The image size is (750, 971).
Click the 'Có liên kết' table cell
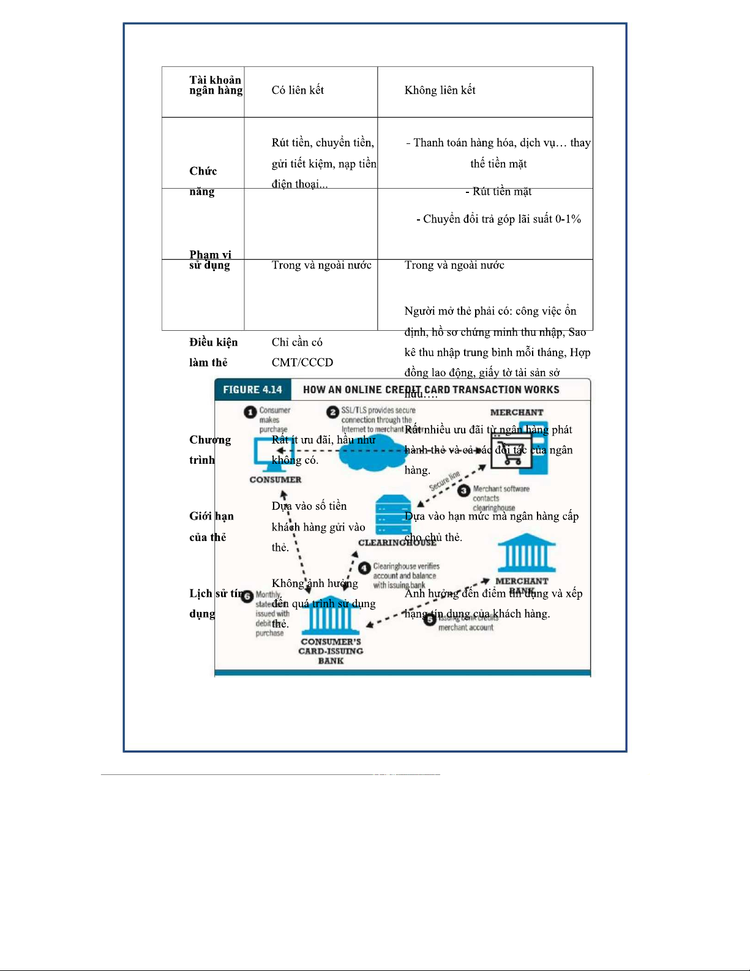pyautogui.click(x=298, y=91)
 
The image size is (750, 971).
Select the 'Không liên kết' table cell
pyautogui.click(x=440, y=91)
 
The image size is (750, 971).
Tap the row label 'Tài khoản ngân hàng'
pyautogui.click(x=216, y=85)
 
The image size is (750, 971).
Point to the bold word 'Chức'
pyautogui.click(x=203, y=171)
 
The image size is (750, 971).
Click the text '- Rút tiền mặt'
pyautogui.click(x=498, y=192)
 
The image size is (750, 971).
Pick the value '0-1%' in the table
pyautogui.click(x=568, y=219)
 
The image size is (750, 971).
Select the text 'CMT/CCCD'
pyautogui.click(x=302, y=363)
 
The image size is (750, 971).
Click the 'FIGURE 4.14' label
pyautogui.click(x=252, y=390)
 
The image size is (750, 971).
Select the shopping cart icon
pyautogui.click(x=509, y=452)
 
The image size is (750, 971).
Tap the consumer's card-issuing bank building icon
pyautogui.click(x=331, y=616)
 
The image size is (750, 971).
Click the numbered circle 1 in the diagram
pyautogui.click(x=250, y=412)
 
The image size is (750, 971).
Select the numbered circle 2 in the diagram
pyautogui.click(x=332, y=412)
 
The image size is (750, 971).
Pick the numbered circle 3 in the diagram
pyautogui.click(x=464, y=491)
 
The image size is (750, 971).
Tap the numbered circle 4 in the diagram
pyautogui.click(x=364, y=569)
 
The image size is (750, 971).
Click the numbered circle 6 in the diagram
pyautogui.click(x=247, y=596)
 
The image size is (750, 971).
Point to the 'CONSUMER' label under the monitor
pyautogui.click(x=276, y=480)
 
